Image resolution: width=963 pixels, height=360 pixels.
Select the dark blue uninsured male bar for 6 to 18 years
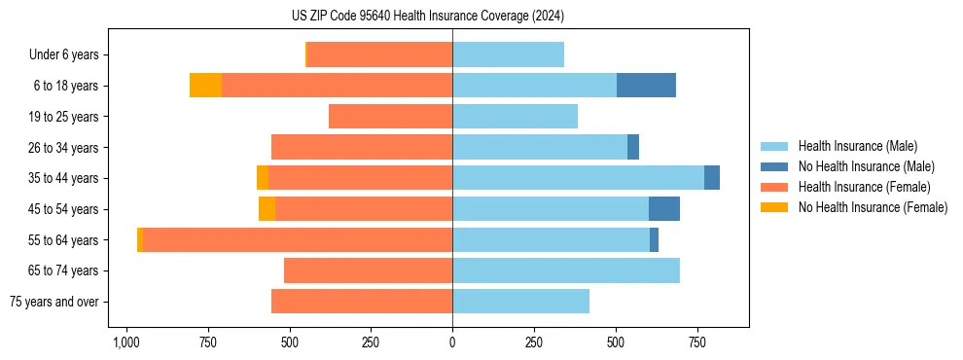pos(646,86)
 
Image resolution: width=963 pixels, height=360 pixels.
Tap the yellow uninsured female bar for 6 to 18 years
pos(205,86)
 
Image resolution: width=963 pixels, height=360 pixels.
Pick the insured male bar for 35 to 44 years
pos(578,178)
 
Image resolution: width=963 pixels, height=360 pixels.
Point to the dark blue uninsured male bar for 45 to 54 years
pos(664,209)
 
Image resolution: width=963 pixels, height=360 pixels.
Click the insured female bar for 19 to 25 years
pos(390,117)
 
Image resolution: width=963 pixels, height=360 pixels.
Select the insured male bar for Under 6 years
pos(508,54)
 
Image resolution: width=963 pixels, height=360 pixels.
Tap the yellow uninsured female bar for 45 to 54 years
pos(267,209)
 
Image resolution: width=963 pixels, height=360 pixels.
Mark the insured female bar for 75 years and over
pos(362,302)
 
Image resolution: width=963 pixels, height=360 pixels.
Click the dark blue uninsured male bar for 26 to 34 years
pos(633,147)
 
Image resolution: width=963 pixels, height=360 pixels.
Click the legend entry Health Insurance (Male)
pos(857,146)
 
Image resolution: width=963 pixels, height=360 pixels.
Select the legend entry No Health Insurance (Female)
pos(873,207)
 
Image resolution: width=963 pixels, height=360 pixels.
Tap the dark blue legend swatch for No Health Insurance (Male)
pos(774,166)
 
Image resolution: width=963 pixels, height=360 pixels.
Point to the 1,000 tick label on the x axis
pos(125,342)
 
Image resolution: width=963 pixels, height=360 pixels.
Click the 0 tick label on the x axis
pos(452,342)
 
